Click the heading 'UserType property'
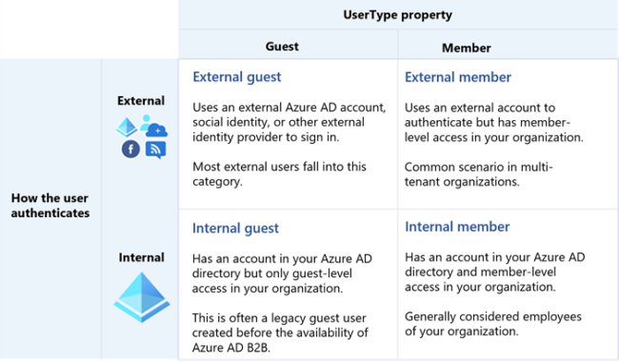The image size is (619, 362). (398, 15)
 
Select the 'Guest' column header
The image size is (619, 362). (281, 46)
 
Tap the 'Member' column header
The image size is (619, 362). (466, 47)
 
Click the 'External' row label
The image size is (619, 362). (141, 100)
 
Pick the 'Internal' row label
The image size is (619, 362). (141, 257)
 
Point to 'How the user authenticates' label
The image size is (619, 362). (50, 205)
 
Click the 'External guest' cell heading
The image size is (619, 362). (237, 77)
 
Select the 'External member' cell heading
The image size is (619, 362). (458, 77)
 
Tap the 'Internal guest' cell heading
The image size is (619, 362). (235, 228)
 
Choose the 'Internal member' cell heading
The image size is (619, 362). (456, 227)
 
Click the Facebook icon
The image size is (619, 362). (130, 149)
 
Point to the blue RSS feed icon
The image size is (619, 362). (155, 148)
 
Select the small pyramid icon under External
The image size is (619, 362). (127, 127)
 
